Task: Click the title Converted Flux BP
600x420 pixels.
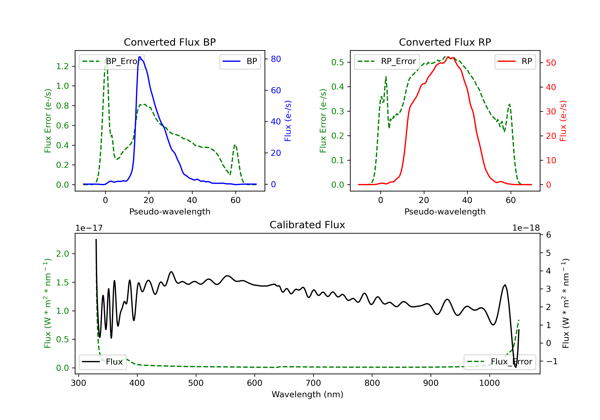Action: click(x=170, y=42)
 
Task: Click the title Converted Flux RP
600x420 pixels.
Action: click(x=445, y=42)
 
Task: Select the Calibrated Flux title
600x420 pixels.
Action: click(x=307, y=225)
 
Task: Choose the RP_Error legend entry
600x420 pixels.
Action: click(x=387, y=62)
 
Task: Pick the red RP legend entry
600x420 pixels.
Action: click(x=515, y=61)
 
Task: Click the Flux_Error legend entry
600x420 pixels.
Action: click(x=500, y=362)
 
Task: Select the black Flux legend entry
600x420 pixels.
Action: click(x=102, y=362)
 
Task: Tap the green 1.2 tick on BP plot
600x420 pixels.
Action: click(x=62, y=66)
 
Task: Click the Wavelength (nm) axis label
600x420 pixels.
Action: click(x=307, y=394)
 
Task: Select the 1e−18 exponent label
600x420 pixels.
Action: click(x=526, y=228)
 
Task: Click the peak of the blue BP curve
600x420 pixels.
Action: click(x=140, y=57)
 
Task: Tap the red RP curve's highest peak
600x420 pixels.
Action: click(x=448, y=57)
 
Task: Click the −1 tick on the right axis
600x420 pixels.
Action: click(x=552, y=361)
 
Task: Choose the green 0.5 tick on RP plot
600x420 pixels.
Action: click(x=338, y=62)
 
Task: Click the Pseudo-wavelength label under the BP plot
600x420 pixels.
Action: click(x=170, y=212)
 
